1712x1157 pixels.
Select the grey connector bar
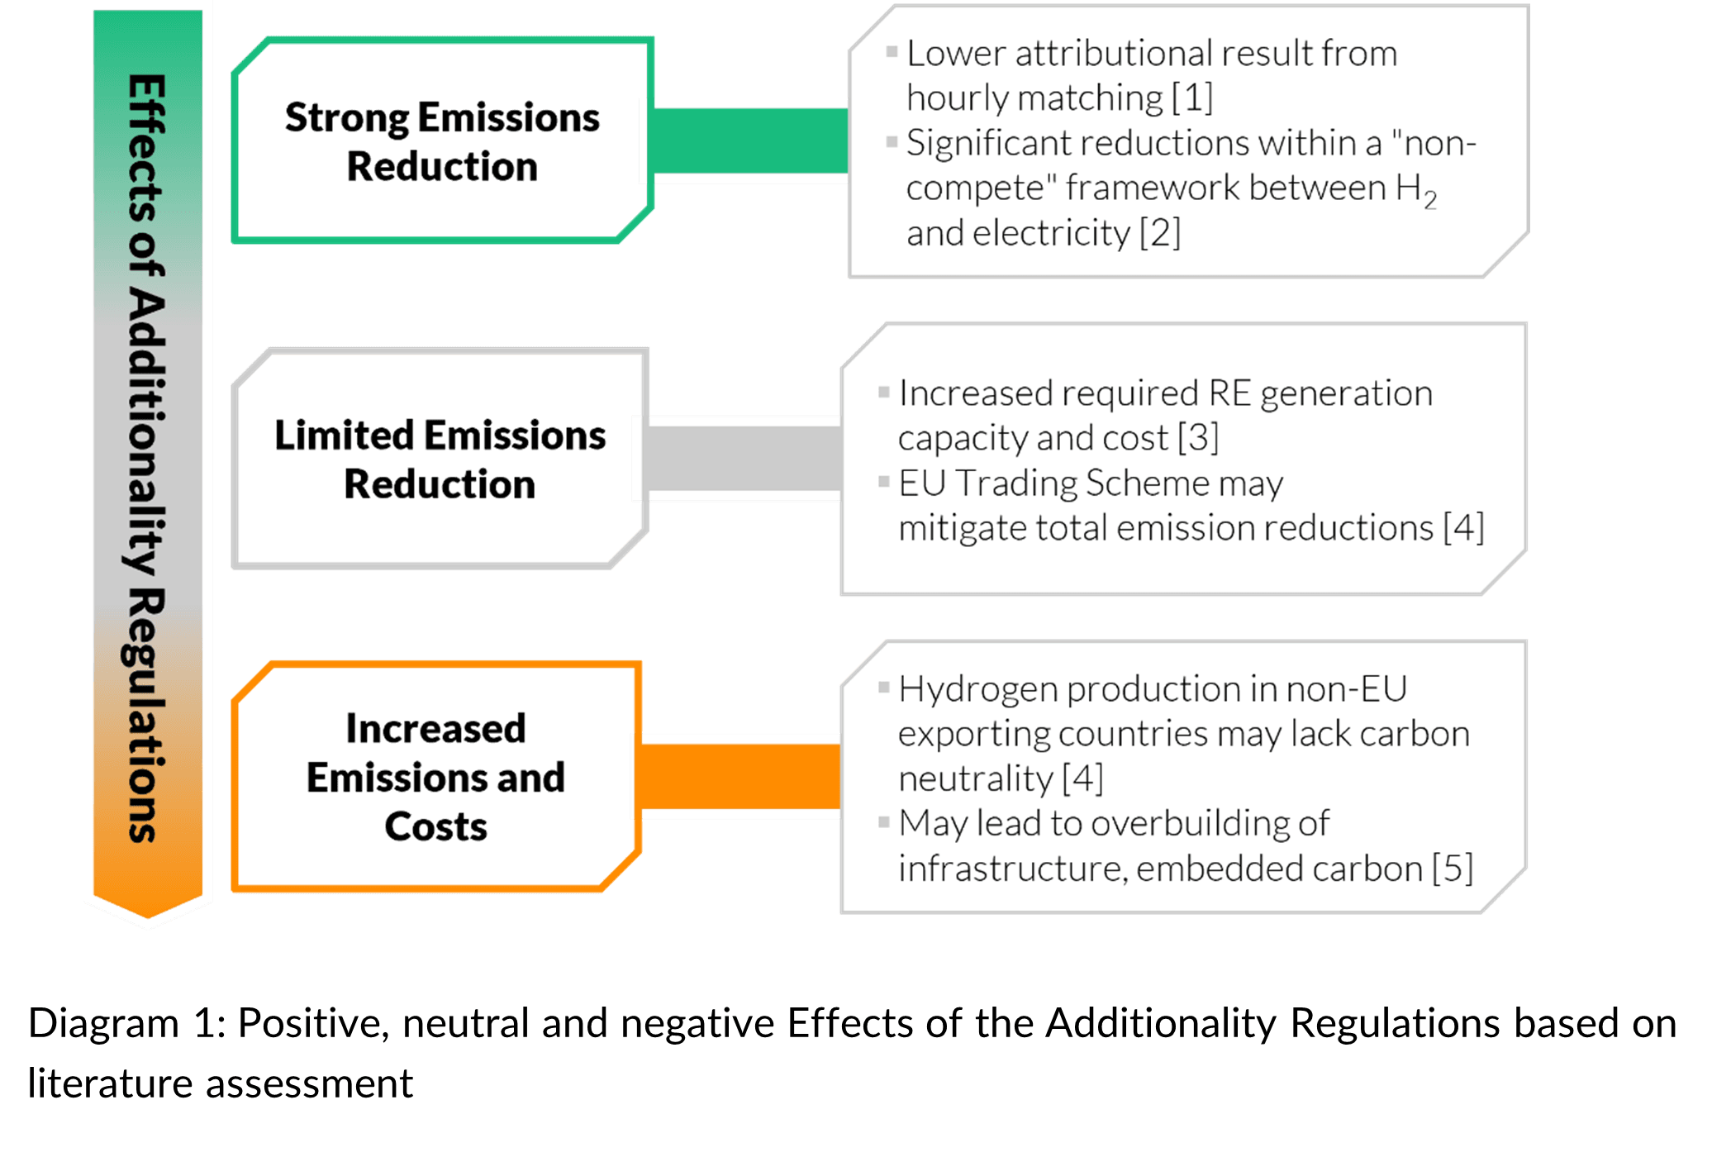(744, 459)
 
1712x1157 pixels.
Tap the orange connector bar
(740, 776)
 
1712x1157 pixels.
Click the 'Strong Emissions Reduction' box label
(442, 141)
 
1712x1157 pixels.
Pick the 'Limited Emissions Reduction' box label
(440, 459)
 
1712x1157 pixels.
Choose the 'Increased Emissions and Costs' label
(435, 777)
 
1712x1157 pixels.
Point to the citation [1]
(1192, 98)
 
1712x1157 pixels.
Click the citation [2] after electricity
(1160, 233)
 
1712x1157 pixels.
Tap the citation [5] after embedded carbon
(1453, 869)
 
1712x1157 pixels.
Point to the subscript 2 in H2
(1430, 200)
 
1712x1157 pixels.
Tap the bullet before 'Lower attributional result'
(892, 52)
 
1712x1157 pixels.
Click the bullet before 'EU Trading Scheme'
(884, 482)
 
